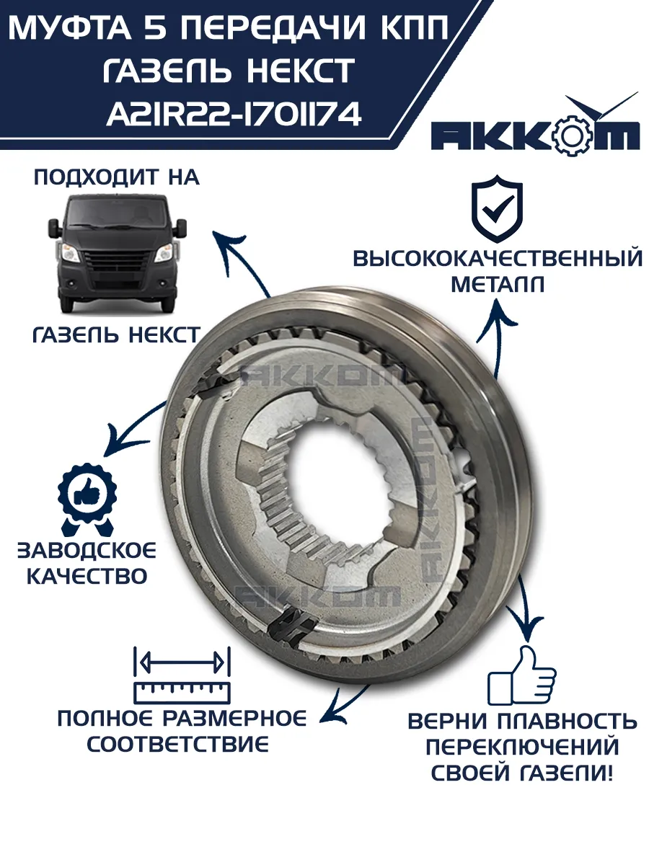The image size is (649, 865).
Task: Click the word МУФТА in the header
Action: click(70, 27)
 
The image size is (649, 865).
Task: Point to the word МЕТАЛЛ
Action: click(498, 284)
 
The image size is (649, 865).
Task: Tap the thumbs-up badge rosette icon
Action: click(87, 500)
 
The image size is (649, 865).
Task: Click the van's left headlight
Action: click(71, 253)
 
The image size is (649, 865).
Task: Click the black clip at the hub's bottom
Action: click(293, 625)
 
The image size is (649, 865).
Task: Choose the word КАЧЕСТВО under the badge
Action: click(87, 577)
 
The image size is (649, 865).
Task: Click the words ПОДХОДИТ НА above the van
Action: click(117, 178)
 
